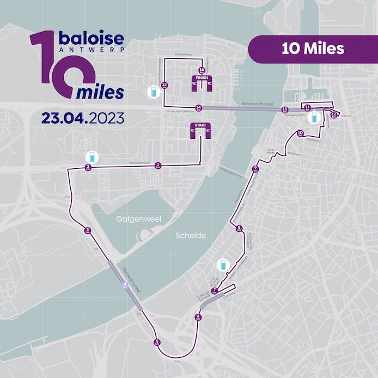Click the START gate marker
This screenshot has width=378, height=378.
(x=200, y=129)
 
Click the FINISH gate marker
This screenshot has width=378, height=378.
(x=202, y=82)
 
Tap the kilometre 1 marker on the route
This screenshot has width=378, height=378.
(x=158, y=165)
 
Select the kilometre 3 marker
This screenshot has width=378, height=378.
(x=87, y=231)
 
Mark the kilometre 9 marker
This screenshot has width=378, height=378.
(x=255, y=169)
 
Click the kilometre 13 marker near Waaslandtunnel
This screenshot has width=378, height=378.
(x=285, y=110)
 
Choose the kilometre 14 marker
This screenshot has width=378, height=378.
(x=199, y=108)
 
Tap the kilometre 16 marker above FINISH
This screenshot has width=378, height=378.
(x=202, y=70)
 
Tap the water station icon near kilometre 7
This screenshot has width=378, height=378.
(x=222, y=265)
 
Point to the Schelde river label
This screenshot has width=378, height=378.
(x=191, y=236)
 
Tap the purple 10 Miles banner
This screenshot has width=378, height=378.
(x=313, y=49)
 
